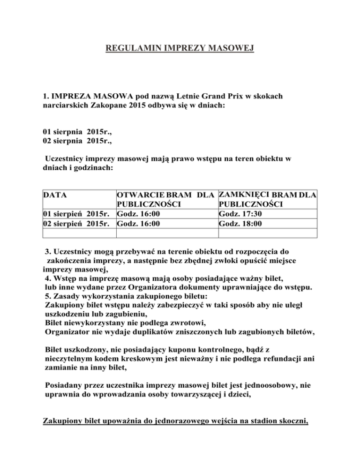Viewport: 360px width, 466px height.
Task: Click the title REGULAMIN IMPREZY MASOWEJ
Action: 180,48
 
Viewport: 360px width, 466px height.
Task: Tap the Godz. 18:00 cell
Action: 240,223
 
